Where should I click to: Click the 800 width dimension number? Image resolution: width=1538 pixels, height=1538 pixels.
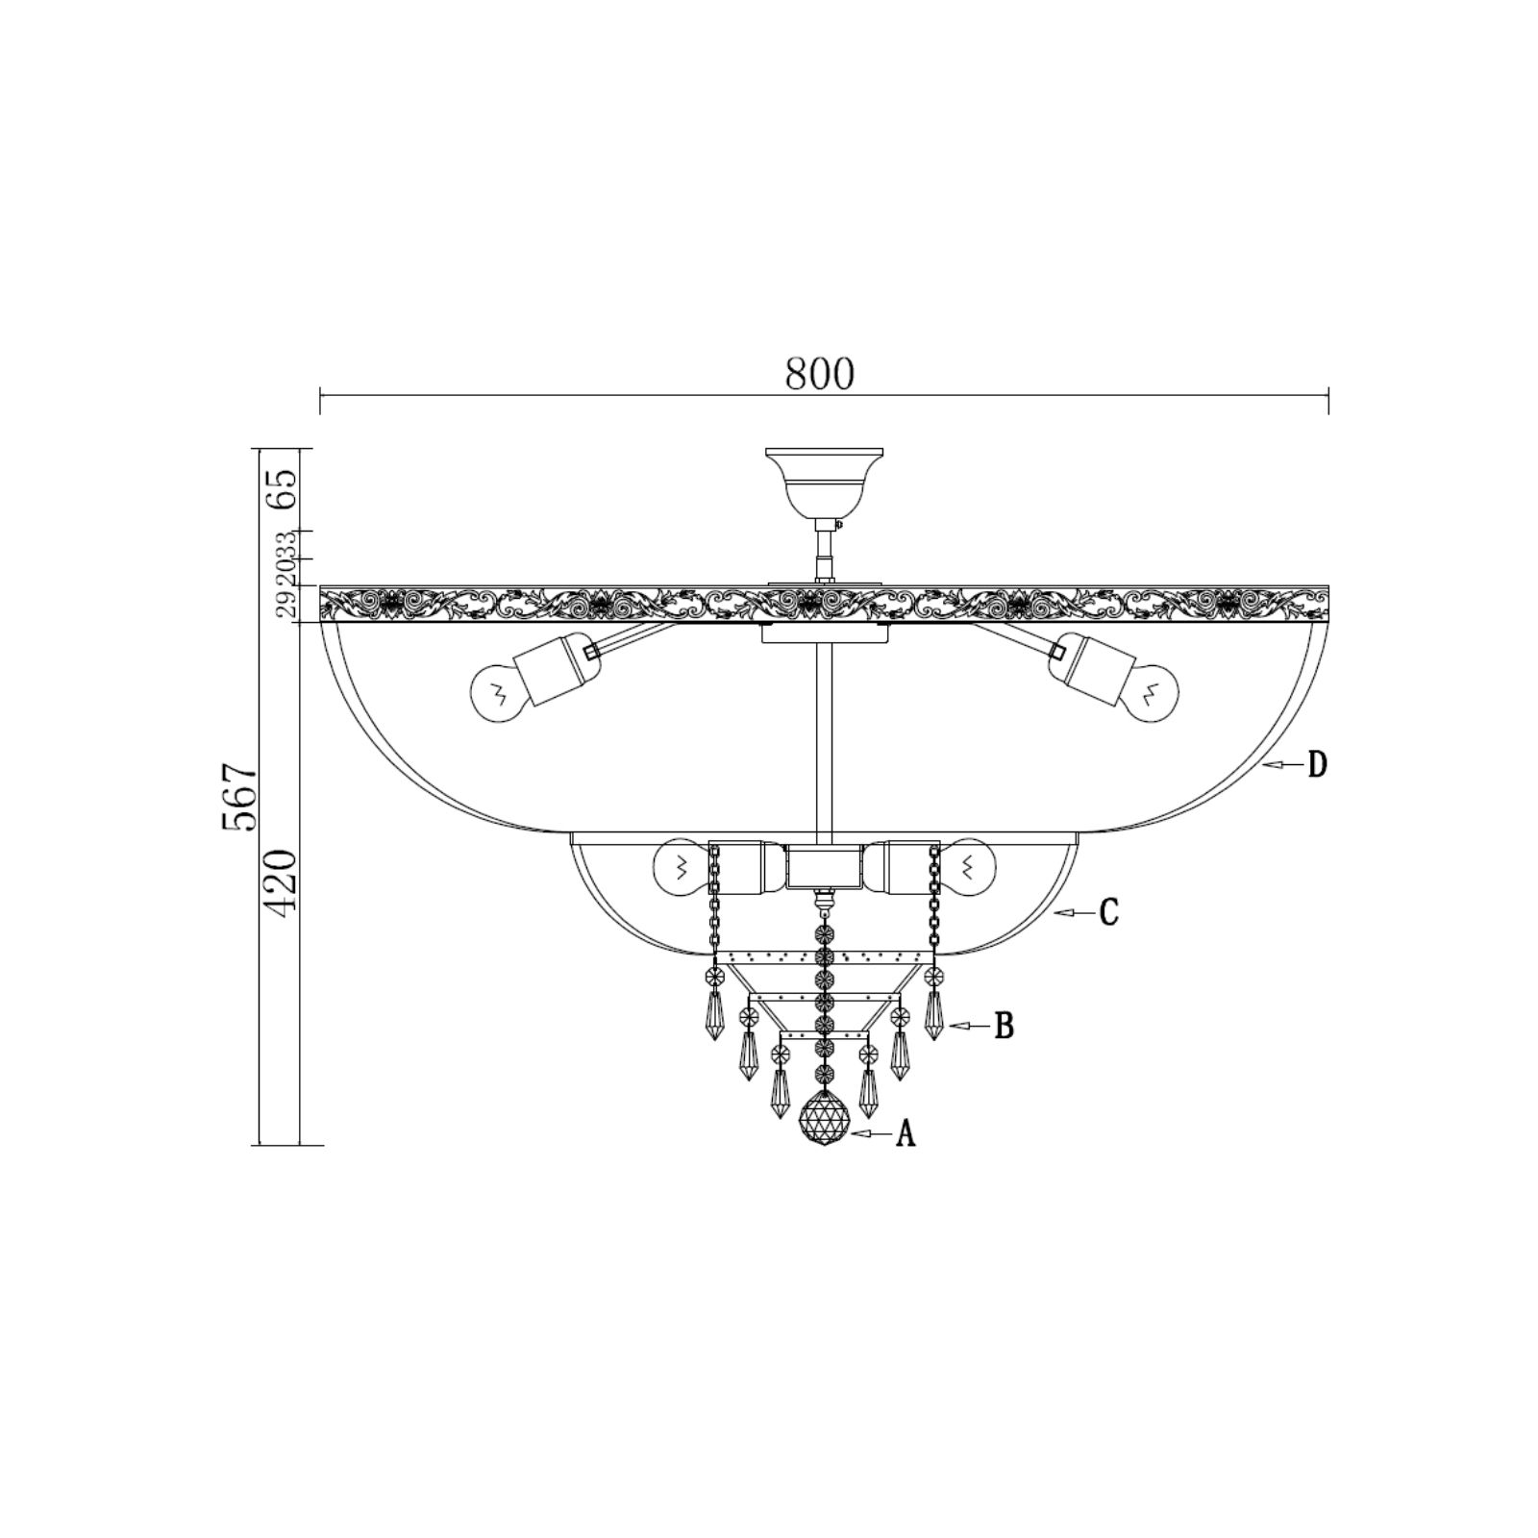(819, 374)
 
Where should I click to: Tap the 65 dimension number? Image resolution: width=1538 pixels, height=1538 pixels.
(281, 490)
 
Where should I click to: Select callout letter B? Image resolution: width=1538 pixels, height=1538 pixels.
(1004, 1027)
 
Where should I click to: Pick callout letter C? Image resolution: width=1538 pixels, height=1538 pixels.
(1109, 912)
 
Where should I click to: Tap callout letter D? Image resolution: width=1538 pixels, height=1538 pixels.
(1317, 765)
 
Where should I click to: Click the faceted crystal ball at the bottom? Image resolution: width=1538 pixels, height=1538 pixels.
(825, 1119)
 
